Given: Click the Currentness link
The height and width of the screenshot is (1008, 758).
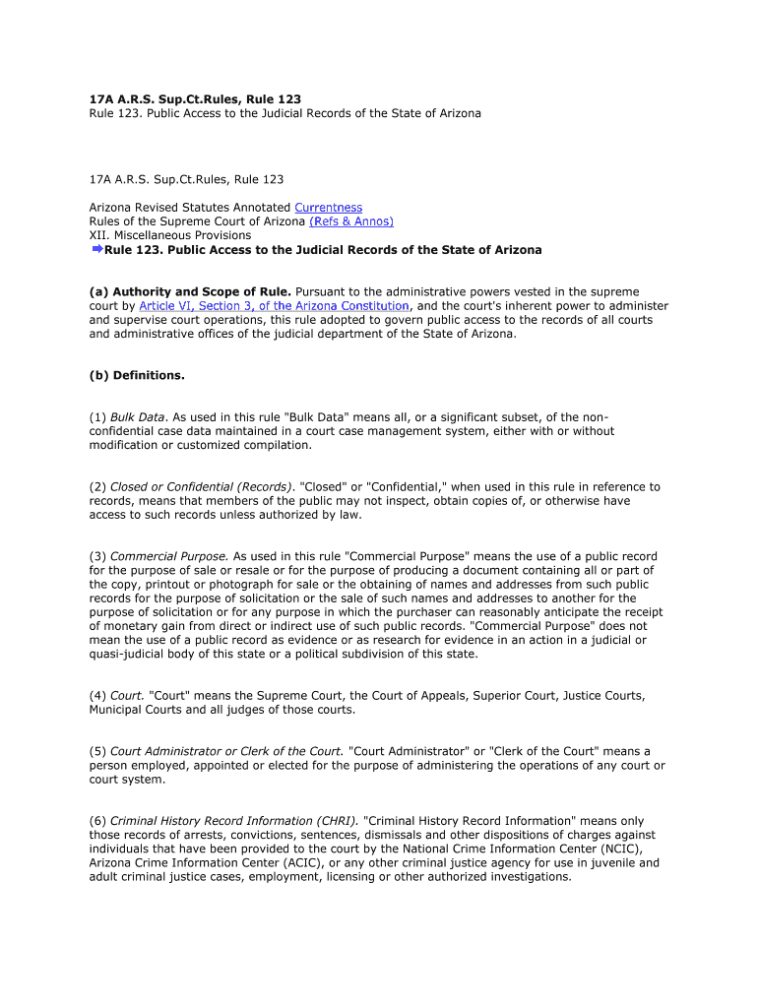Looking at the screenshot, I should [x=329, y=208].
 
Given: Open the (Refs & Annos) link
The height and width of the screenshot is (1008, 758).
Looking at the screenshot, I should [x=351, y=221].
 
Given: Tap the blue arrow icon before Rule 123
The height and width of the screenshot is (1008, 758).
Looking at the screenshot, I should [x=96, y=250].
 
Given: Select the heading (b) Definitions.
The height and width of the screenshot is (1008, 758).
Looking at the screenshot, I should [x=137, y=375].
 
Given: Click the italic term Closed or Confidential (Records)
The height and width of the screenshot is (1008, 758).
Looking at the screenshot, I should [x=201, y=486].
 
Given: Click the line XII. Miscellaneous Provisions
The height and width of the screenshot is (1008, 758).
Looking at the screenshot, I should [x=170, y=235].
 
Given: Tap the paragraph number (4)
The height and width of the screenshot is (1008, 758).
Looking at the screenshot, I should [x=97, y=695].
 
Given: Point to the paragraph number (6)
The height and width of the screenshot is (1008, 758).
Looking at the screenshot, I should [x=97, y=821].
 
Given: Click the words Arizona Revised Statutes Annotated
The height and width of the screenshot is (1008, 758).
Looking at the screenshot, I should [x=190, y=208].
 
